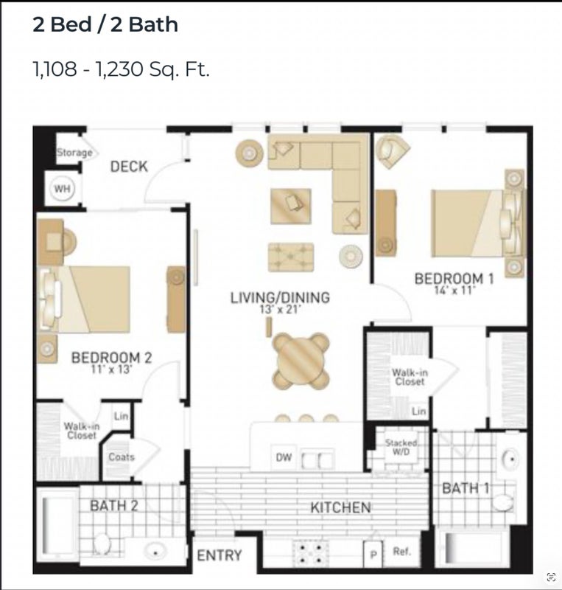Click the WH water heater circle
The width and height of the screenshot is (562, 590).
[x=62, y=188]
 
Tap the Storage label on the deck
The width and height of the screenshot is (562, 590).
[x=74, y=153]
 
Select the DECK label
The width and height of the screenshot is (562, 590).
[x=129, y=167]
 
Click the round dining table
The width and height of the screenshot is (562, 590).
[x=301, y=361]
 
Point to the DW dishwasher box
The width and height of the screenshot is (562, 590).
[x=284, y=457]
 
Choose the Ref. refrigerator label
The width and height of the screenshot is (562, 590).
[x=401, y=552]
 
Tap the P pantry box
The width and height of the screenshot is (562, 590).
[x=373, y=555]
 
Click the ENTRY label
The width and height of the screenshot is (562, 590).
[x=219, y=555]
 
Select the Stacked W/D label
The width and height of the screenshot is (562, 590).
[x=401, y=447]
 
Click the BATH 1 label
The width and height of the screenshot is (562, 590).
[x=466, y=488]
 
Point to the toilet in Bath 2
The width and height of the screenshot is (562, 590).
[x=102, y=544]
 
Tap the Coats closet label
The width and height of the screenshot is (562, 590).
[x=122, y=457]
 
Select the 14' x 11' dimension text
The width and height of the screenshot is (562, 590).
[x=455, y=290]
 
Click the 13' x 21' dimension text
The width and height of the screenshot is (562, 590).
[x=280, y=309]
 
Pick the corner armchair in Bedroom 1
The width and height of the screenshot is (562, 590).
[x=392, y=151]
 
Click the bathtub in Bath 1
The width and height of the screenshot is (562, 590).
[x=473, y=548]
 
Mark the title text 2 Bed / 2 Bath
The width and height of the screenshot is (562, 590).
[x=105, y=25]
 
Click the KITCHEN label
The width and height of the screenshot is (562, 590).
[x=340, y=507]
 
